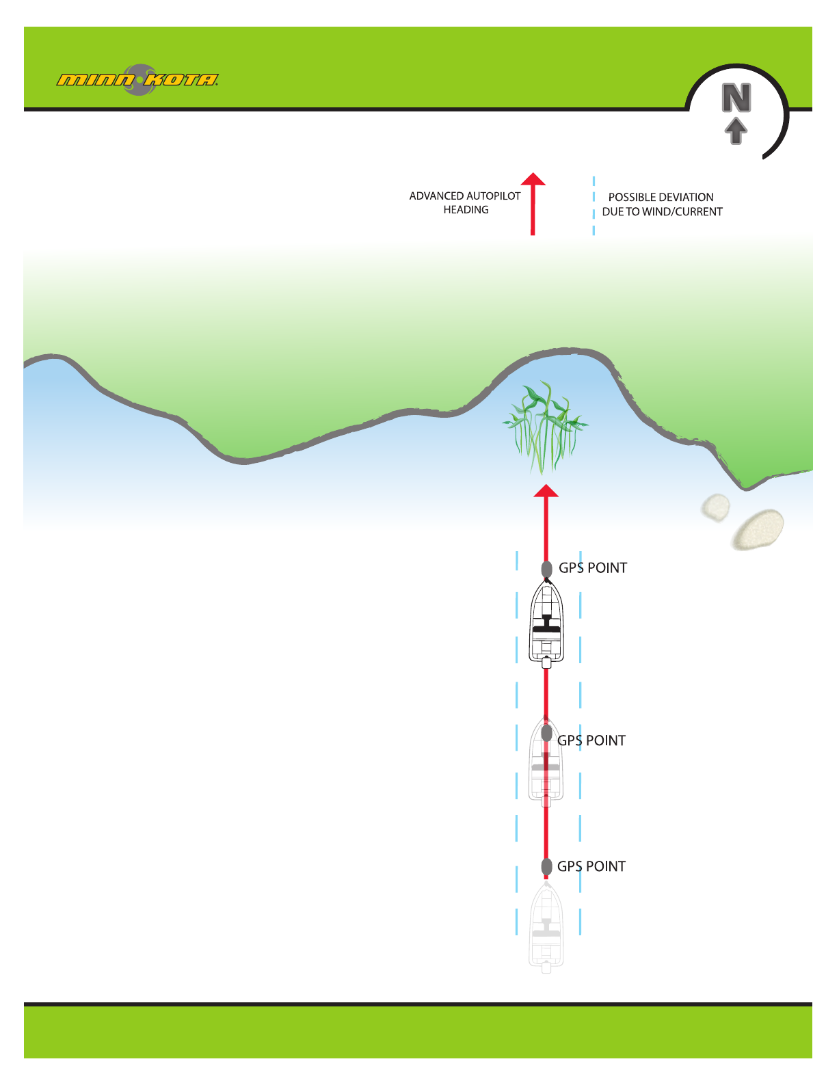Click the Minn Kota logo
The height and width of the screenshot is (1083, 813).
click(x=137, y=80)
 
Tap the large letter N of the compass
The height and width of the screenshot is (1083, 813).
click(x=736, y=98)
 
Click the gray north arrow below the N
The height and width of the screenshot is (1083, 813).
click(x=736, y=131)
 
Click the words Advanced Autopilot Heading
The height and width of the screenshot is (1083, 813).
click(x=465, y=202)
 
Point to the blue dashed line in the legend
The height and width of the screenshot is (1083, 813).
click(x=594, y=205)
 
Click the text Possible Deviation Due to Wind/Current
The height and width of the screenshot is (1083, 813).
click(x=662, y=204)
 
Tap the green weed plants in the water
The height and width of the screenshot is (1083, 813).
click(x=544, y=428)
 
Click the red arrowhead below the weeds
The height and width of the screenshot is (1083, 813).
click(x=546, y=490)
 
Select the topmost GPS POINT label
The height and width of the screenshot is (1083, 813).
click(x=593, y=567)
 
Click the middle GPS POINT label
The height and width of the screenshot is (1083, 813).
click(x=591, y=740)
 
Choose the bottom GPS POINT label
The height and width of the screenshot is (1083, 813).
click(x=591, y=866)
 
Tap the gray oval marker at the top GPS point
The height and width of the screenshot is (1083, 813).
click(x=546, y=569)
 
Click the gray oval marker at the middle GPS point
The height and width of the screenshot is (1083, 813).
click(x=546, y=733)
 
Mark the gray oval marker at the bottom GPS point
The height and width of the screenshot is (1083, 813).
click(x=546, y=866)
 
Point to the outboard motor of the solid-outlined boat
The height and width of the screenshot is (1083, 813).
click(x=546, y=662)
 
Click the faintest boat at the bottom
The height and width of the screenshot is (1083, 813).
click(x=546, y=926)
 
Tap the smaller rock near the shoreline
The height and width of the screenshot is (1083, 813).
click(x=715, y=507)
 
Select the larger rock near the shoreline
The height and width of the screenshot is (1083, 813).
click(x=758, y=529)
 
